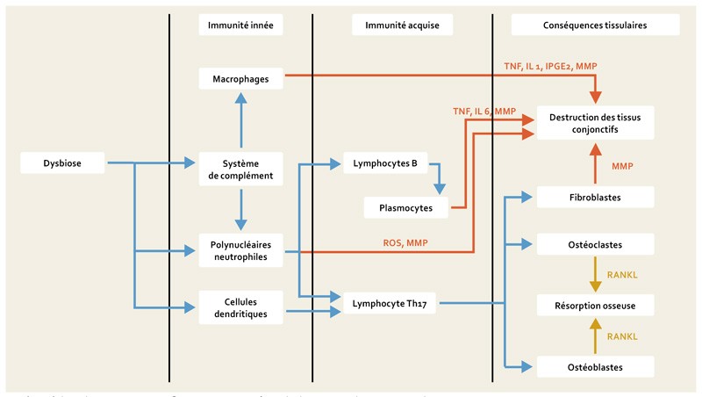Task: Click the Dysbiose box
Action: (x=63, y=162)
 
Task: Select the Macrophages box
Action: (x=240, y=80)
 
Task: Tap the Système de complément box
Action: (x=240, y=169)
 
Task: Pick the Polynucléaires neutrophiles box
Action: (x=240, y=249)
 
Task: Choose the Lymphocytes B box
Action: (x=384, y=163)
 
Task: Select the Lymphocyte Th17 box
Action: (x=389, y=304)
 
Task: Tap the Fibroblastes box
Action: (x=595, y=198)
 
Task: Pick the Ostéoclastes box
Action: (x=595, y=243)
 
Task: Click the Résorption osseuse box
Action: (x=595, y=306)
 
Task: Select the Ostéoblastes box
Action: (x=595, y=365)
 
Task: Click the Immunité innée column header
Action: (x=240, y=25)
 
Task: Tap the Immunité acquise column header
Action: (x=402, y=25)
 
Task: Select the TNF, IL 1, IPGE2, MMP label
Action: (x=549, y=66)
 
